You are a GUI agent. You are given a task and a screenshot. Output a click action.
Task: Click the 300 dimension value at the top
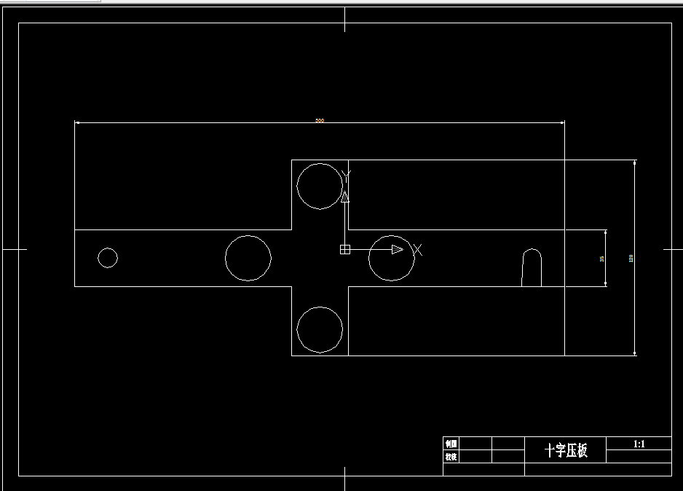(319, 120)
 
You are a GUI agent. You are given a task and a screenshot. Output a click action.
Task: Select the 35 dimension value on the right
(601, 259)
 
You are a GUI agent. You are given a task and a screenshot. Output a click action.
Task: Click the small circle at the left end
(108, 258)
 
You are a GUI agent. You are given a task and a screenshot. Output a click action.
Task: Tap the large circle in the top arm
(320, 186)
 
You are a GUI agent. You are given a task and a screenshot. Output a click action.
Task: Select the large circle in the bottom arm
(320, 329)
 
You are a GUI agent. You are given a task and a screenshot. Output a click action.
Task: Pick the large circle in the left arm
(248, 258)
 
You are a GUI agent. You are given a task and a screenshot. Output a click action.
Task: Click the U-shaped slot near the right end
(532, 268)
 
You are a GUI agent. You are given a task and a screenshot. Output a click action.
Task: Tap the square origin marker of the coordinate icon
(345, 250)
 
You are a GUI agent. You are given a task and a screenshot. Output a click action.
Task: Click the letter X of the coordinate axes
(417, 250)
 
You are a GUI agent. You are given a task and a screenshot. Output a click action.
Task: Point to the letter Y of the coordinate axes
(346, 175)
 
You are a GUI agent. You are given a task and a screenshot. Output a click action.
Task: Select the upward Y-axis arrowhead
(345, 197)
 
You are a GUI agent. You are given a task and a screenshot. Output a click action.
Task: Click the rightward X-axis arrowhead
(397, 250)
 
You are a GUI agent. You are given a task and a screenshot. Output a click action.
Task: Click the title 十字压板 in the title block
(566, 450)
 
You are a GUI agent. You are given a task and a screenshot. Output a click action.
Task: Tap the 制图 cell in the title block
(451, 444)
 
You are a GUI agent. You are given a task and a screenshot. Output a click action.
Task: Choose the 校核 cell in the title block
(451, 457)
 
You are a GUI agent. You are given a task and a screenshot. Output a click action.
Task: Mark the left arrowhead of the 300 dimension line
(78, 122)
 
